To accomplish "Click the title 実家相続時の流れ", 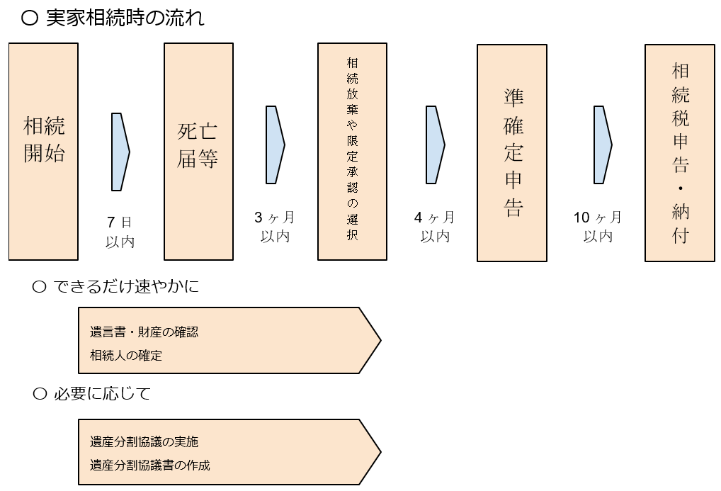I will point(125,18).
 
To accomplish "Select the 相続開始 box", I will point(44,151).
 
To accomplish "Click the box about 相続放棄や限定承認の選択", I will point(352,151).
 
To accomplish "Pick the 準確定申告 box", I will point(512,153).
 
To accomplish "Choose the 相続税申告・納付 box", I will point(680,153).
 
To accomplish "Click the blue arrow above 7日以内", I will point(120,151).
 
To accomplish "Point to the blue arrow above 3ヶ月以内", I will point(275,145).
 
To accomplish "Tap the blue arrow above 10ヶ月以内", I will point(602,145).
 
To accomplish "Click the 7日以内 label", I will point(120,232).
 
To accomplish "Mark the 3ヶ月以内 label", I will point(274,227).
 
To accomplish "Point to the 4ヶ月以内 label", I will point(434,227).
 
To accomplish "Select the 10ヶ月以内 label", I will point(598,227).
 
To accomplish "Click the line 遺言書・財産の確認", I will point(144,332).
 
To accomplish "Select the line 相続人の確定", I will point(126,355).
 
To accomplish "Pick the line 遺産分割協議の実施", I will point(144,441).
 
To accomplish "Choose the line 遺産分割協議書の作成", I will point(150,465).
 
